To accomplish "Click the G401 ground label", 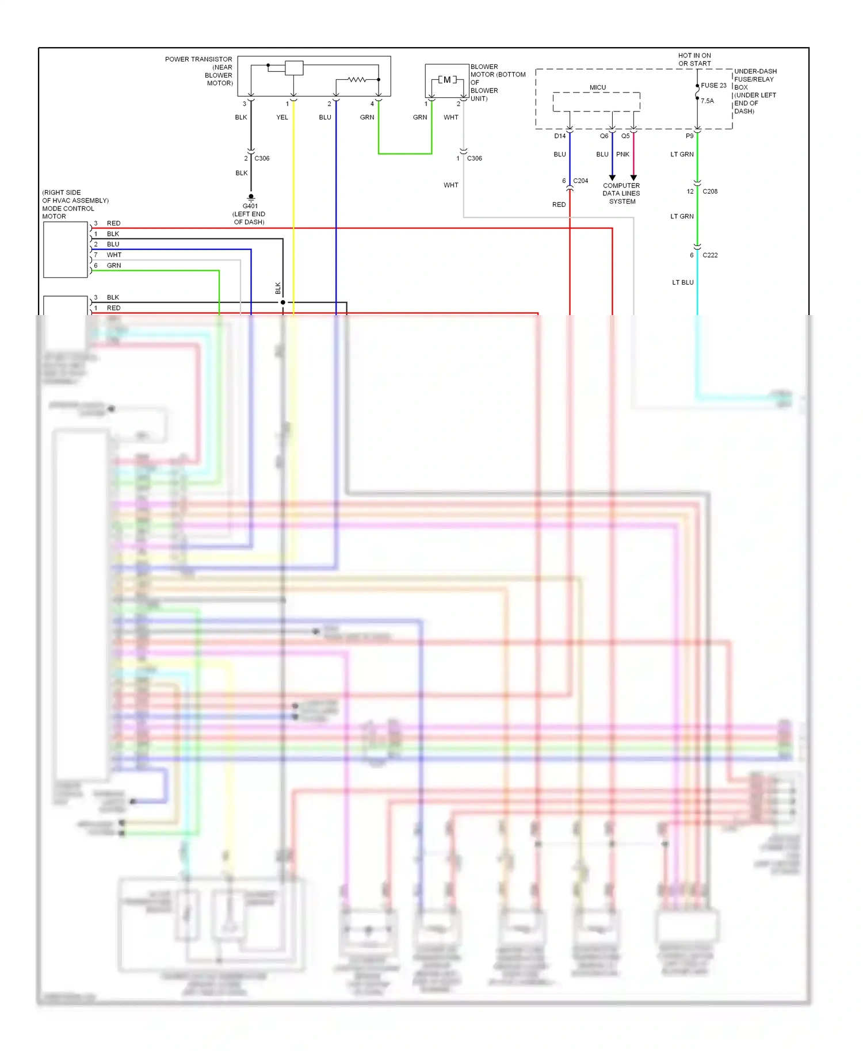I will [x=250, y=206].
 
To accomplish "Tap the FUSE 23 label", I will [x=713, y=85].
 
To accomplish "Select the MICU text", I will [x=597, y=87].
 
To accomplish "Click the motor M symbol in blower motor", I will [x=447, y=80].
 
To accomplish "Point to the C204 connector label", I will [x=580, y=181].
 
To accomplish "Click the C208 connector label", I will [x=709, y=191].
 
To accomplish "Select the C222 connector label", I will [x=709, y=255].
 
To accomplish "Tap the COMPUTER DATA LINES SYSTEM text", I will [x=621, y=193].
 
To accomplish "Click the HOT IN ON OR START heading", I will [x=694, y=60].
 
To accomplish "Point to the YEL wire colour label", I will [x=282, y=117].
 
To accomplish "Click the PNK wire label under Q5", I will [x=623, y=154].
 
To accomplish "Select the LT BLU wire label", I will [x=683, y=282].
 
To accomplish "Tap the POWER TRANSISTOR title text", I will [x=198, y=59].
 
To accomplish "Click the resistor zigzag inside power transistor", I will [x=357, y=79].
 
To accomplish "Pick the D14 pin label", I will [x=560, y=136].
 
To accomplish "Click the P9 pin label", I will [x=689, y=136].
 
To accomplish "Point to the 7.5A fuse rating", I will [x=707, y=101].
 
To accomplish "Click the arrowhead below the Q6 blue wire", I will [x=612, y=178].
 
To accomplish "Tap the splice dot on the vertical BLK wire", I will [x=283, y=302].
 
